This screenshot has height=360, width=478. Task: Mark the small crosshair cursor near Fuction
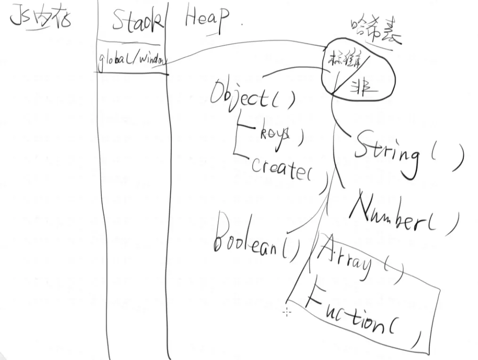(x=287, y=312)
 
